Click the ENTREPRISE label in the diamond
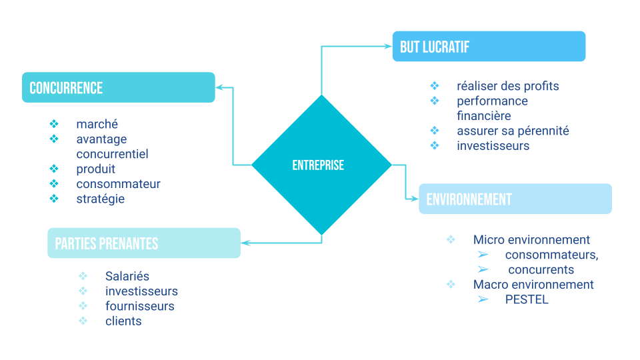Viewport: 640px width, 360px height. [318, 165]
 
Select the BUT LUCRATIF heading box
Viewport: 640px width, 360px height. [489, 47]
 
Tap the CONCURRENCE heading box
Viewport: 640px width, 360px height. [119, 87]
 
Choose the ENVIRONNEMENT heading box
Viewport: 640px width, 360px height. [515, 199]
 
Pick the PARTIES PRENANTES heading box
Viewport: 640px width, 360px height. [143, 243]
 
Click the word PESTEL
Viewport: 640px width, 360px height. [527, 299]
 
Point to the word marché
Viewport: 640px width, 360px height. [97, 124]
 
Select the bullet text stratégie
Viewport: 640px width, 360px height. [100, 199]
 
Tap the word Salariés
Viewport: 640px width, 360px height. [127, 276]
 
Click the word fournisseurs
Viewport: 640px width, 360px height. [140, 306]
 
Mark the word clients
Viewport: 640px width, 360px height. [123, 321]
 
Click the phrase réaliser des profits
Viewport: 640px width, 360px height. [508, 86]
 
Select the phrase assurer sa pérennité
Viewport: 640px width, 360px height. [513, 131]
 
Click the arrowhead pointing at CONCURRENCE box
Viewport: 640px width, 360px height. [219, 87]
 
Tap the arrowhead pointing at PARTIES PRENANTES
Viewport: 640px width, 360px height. [245, 243]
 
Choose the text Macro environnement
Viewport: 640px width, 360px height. [533, 285]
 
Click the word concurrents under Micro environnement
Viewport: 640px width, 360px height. [541, 270]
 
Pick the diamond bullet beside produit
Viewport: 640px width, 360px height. [54, 169]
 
